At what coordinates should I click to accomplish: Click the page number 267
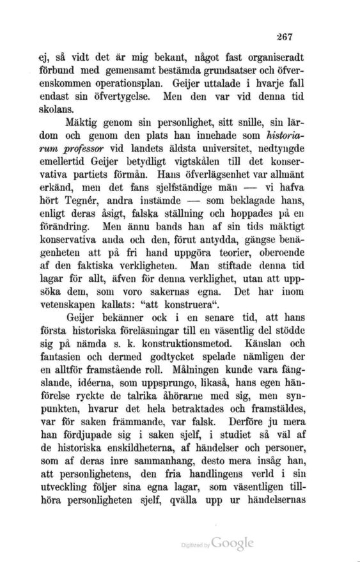317,36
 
